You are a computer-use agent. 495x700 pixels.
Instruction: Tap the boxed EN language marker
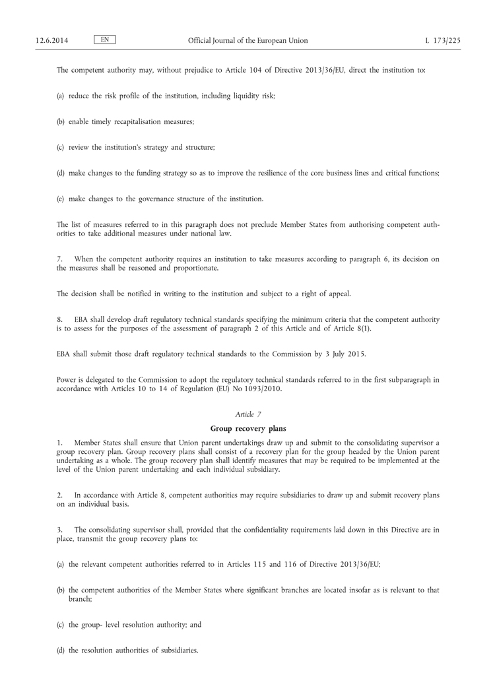pos(105,40)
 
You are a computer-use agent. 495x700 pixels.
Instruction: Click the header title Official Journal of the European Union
pos(247,41)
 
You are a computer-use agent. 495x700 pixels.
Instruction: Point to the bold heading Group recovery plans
pos(247,428)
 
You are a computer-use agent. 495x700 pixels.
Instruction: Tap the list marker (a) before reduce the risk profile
pos(61,96)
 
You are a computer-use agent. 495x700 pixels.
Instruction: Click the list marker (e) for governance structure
pos(61,199)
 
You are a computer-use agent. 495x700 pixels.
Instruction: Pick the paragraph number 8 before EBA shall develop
pos(59,319)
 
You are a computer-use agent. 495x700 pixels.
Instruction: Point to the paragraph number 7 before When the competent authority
pos(59,259)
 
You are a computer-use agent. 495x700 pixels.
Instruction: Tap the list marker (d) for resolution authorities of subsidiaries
pos(61,651)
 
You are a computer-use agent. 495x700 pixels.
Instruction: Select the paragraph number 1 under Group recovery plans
pos(59,442)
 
